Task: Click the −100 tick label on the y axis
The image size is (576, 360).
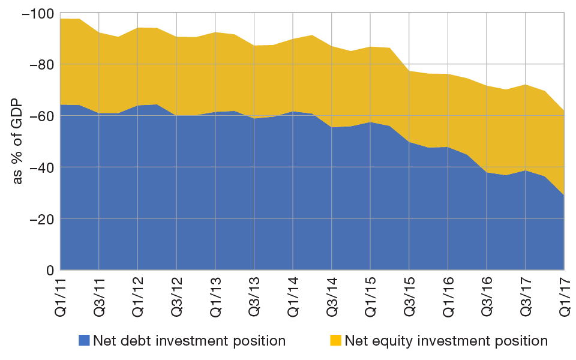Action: (x=37, y=13)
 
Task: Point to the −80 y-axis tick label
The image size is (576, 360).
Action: (x=40, y=64)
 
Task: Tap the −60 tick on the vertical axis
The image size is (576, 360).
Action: (x=40, y=116)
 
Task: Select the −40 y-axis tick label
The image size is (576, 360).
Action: (x=40, y=167)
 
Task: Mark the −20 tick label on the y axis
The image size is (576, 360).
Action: (x=40, y=219)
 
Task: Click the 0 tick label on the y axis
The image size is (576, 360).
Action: (x=50, y=271)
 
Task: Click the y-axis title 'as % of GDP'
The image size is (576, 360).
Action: (x=18, y=142)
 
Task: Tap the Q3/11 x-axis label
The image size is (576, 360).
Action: (x=99, y=295)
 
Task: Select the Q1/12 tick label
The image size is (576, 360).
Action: (x=138, y=295)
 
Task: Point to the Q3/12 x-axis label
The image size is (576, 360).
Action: (x=177, y=295)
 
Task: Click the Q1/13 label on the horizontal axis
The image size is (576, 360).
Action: (x=215, y=295)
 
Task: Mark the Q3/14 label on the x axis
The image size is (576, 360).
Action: (x=332, y=295)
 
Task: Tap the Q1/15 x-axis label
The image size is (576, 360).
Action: (x=371, y=295)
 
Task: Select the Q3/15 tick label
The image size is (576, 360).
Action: (x=409, y=295)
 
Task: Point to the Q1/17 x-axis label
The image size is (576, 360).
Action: (x=564, y=295)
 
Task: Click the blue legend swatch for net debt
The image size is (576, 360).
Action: (x=84, y=341)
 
